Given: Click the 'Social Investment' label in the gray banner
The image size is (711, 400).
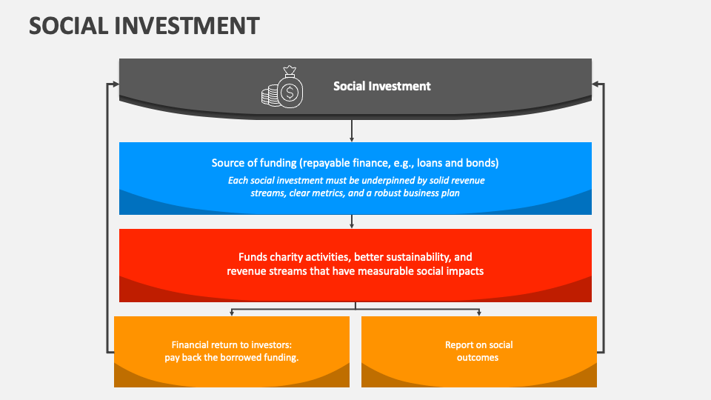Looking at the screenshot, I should (381, 86).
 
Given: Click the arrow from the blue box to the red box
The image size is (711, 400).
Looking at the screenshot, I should (352, 221).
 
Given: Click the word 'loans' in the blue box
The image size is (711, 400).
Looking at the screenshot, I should (440, 163).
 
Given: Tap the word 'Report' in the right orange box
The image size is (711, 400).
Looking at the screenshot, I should (458, 345).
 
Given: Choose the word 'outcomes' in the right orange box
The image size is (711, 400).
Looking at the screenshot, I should (479, 358).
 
